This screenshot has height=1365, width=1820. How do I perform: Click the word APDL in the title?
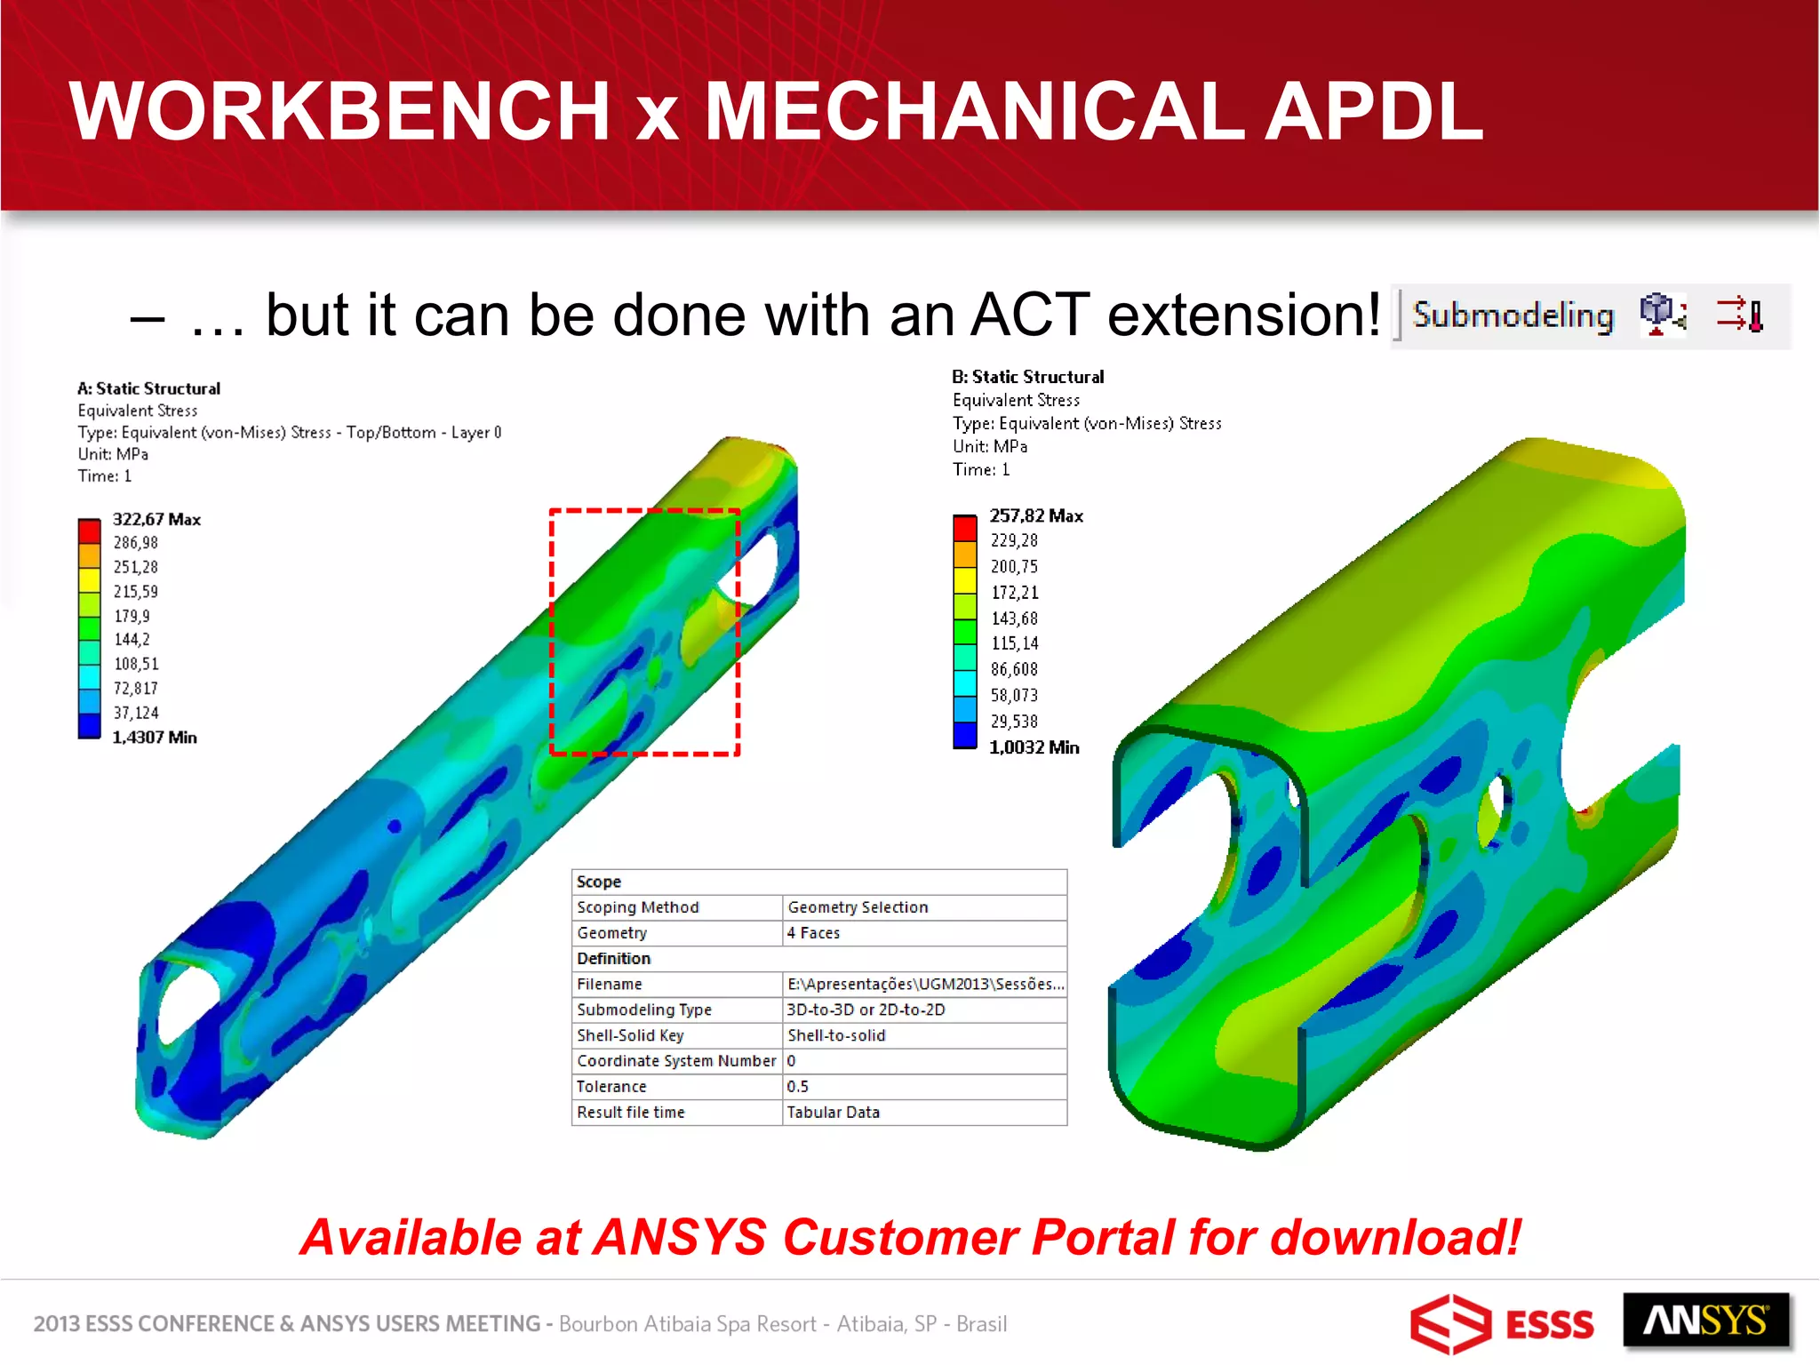coord(1373,111)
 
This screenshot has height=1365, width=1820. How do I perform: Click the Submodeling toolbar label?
coord(1513,315)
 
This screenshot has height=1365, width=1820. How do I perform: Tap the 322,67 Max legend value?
coord(156,519)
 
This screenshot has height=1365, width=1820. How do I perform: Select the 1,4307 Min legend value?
coord(154,738)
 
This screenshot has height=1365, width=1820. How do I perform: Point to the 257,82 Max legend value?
coord(1036,515)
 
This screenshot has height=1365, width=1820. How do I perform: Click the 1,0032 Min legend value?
coord(1034,747)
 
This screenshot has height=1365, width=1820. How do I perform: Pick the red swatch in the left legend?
coord(89,531)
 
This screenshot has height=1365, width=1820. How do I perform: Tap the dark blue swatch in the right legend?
coord(965,735)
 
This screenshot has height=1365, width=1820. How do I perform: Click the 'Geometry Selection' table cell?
coord(858,907)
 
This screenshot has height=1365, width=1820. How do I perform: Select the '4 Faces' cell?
coord(813,933)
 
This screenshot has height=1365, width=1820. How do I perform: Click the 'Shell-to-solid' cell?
coord(836,1035)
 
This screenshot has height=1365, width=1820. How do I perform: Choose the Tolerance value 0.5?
coord(797,1086)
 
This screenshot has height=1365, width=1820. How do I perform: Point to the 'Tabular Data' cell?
coord(833,1112)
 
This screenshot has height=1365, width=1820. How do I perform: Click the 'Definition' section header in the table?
coord(613,958)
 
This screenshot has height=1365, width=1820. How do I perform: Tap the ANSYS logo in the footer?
coord(1705,1321)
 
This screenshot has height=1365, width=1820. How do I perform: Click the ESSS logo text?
coord(1550,1325)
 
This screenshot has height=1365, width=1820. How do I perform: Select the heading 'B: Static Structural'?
coord(1027,377)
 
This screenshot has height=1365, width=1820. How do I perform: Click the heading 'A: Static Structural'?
coord(148,388)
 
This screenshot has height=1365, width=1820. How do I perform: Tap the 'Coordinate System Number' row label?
coord(675,1060)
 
